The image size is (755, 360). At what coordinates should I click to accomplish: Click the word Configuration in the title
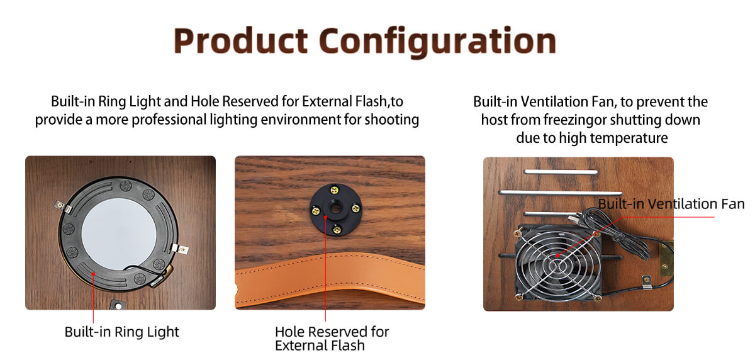tap(437, 42)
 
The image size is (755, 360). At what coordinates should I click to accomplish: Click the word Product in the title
tap(240, 40)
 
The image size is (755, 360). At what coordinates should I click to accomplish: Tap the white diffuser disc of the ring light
tap(119, 233)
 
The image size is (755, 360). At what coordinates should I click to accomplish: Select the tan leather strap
tap(330, 280)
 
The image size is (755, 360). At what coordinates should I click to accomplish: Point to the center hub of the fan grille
tap(558, 266)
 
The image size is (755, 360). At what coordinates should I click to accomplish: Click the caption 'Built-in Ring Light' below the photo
tap(121, 332)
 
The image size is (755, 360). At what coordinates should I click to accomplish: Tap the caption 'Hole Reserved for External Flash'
tap(332, 339)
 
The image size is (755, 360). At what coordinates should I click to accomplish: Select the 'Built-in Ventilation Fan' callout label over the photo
tap(671, 204)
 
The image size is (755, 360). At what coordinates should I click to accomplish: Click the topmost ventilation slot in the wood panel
tap(561, 172)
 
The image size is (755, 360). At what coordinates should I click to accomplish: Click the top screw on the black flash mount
tap(334, 190)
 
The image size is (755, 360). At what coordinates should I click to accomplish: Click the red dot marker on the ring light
tap(93, 274)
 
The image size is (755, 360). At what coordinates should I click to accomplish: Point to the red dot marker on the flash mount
tap(325, 217)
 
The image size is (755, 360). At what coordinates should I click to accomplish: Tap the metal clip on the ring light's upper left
tap(64, 206)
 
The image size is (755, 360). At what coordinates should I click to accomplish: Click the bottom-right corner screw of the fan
tap(596, 298)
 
